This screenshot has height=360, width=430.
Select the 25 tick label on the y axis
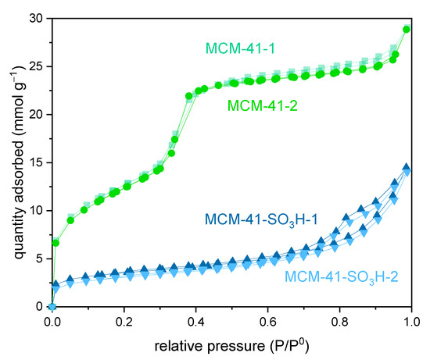34,66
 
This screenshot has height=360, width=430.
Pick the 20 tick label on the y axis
34,115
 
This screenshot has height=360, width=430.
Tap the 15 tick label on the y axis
34,162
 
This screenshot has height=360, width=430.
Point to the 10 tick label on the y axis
34,211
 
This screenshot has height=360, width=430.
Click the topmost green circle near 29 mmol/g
407,30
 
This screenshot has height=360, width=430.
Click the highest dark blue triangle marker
406,167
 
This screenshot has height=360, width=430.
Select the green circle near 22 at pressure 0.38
189,96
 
